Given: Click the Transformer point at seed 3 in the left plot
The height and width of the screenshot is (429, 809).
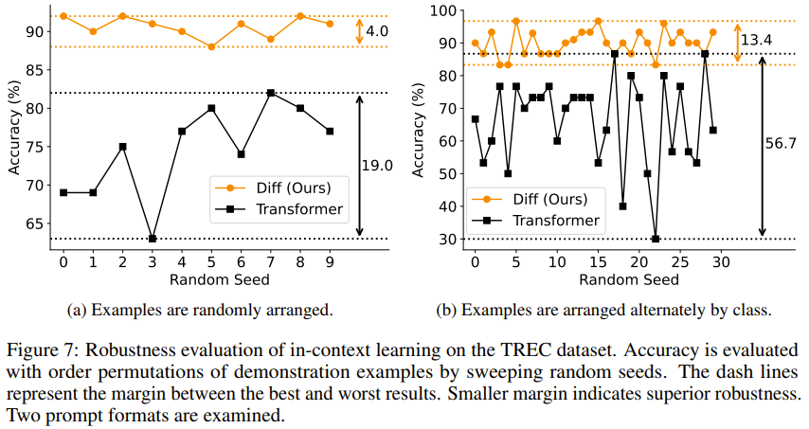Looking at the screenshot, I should click(x=153, y=239).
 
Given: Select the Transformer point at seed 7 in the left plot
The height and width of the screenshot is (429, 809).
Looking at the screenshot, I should click(x=271, y=93).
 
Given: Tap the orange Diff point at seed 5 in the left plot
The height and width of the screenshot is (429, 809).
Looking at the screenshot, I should click(x=211, y=46).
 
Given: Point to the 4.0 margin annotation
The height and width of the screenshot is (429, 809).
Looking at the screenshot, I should click(x=377, y=31).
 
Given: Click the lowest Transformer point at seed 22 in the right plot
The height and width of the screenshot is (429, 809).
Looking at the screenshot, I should click(x=656, y=239).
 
